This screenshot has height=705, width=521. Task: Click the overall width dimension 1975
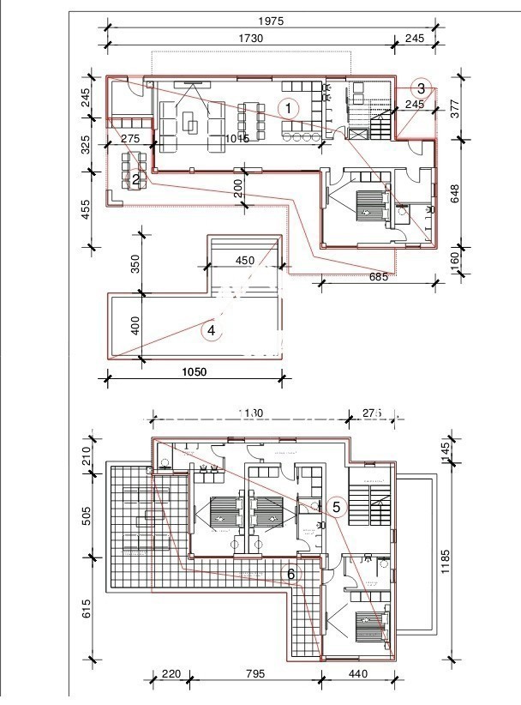pyautogui.click(x=269, y=21)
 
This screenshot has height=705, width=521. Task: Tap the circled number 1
pyautogui.click(x=290, y=108)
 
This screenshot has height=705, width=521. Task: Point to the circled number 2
pyautogui.click(x=135, y=179)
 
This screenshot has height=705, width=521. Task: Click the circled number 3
pyautogui.click(x=421, y=87)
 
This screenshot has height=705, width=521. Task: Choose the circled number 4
pyautogui.click(x=211, y=329)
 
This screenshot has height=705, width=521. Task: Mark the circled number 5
pyautogui.click(x=336, y=507)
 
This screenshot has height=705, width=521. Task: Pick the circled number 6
pyautogui.click(x=291, y=573)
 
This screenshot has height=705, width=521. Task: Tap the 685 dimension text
pyautogui.click(x=379, y=276)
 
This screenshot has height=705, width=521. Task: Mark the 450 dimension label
pyautogui.click(x=245, y=261)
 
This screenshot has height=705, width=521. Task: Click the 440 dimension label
pyautogui.click(x=359, y=674)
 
